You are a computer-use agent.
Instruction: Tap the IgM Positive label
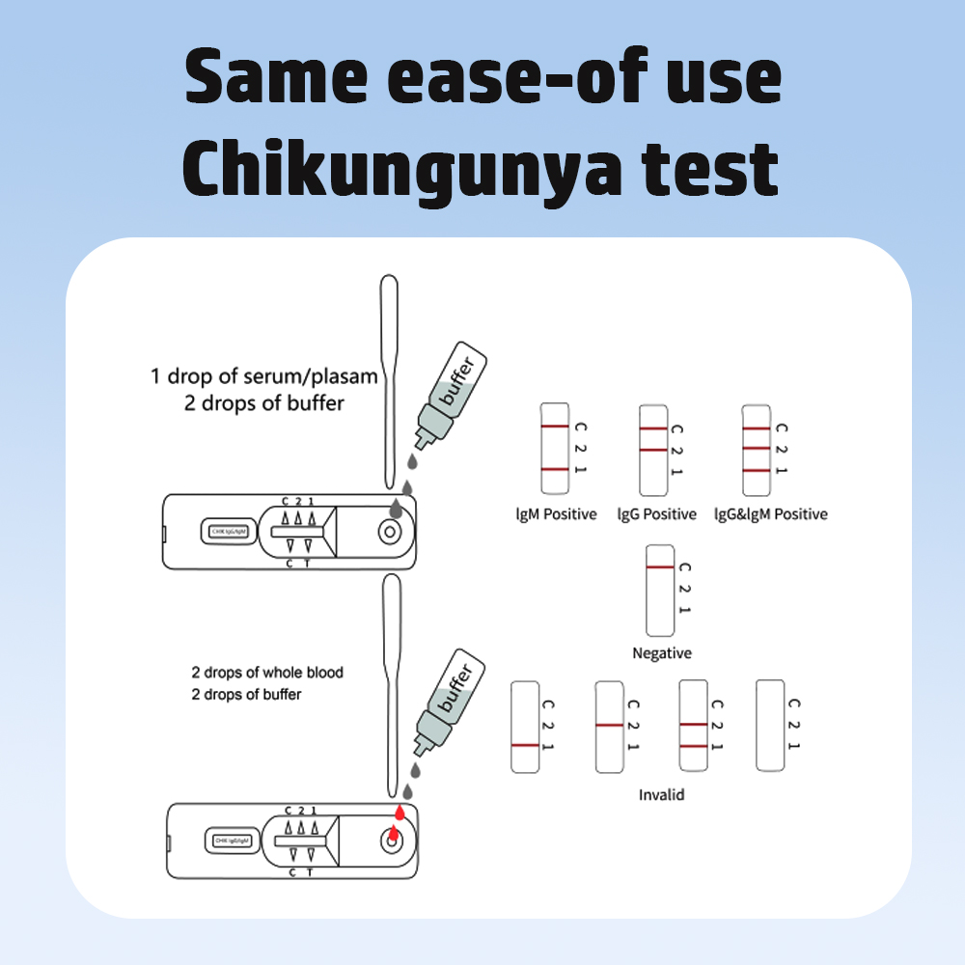coord(556,514)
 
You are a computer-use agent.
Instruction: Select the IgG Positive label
coord(656,514)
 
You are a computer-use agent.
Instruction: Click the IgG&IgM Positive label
coord(770,514)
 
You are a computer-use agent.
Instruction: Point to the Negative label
coord(662,653)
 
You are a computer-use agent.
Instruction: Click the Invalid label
coord(662,795)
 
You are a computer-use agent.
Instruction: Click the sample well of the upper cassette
coord(391,532)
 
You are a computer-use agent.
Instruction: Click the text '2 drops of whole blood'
coord(267,673)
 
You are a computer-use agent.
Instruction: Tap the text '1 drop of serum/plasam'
coord(263,376)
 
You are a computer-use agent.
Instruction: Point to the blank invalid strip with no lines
coord(770,725)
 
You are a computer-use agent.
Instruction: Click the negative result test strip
coord(660,590)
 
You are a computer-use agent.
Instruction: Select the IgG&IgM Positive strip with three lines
coord(756,448)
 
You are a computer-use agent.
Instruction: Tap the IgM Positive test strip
coord(555,448)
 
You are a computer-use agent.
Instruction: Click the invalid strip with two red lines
coord(695,725)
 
